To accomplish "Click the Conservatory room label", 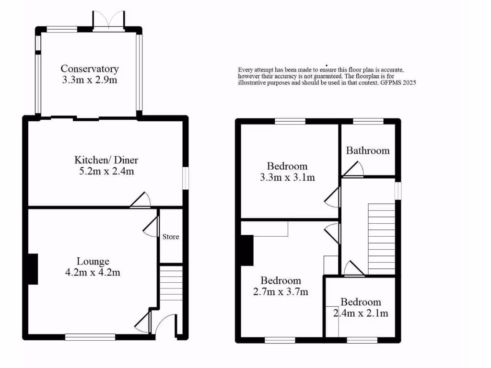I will (x=90, y=69).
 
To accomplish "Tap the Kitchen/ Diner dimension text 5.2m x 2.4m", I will (x=106, y=171).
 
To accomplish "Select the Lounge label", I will (x=93, y=261).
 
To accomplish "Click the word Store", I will (x=170, y=237).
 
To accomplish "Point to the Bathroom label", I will (x=368, y=150).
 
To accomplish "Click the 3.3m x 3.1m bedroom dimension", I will (x=287, y=177).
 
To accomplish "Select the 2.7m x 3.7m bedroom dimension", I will (x=281, y=291).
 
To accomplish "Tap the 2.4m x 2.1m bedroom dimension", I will (x=361, y=313).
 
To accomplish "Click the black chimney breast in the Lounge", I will (x=33, y=269).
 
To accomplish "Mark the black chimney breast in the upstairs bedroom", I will (x=246, y=250).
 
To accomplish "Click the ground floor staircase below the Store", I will (x=171, y=283).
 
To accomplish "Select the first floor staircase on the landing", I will (x=381, y=237).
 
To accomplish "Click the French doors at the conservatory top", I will (x=109, y=21).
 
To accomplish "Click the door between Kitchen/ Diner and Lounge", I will (x=142, y=201).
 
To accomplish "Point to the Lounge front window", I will (x=90, y=337).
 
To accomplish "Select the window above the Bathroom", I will (x=368, y=121).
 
